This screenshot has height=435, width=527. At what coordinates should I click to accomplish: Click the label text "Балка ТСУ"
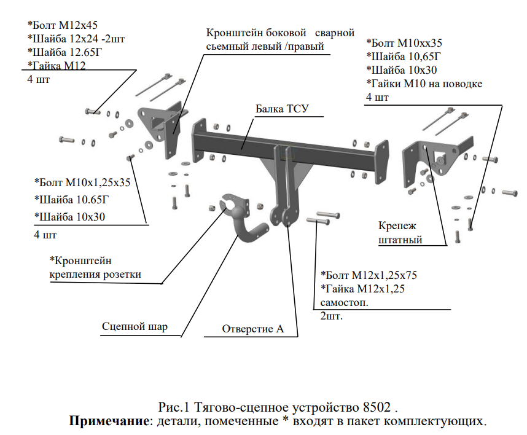281,110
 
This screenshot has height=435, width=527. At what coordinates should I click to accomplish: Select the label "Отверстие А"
253,329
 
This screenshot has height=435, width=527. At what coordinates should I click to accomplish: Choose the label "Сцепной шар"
135,326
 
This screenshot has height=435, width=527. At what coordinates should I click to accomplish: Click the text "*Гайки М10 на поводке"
424,84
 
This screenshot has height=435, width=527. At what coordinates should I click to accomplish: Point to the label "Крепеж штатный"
400,233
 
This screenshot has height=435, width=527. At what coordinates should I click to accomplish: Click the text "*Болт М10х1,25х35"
82,182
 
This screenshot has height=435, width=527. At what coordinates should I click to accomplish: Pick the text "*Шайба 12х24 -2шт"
76,39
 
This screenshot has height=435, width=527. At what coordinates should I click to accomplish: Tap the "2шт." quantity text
332,316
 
